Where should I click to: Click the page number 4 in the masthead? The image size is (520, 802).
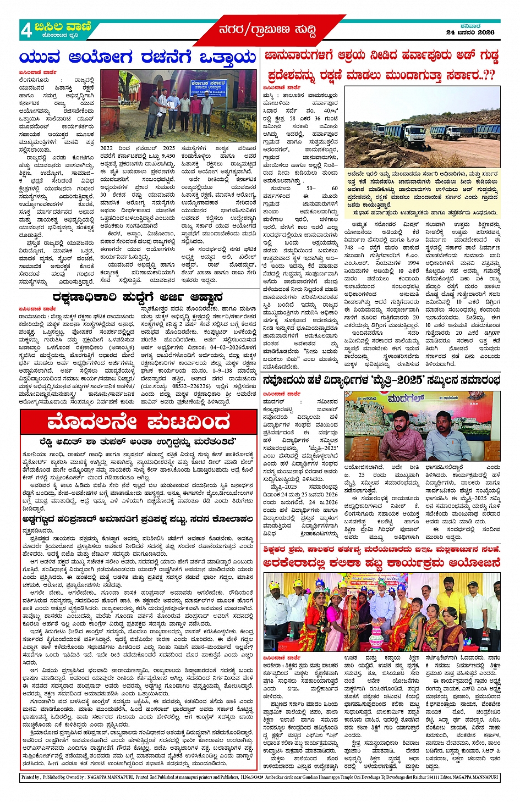26,31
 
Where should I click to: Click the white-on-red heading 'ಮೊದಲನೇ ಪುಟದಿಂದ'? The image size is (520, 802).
139,422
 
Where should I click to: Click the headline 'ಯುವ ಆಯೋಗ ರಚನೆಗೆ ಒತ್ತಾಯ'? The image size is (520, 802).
138,58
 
